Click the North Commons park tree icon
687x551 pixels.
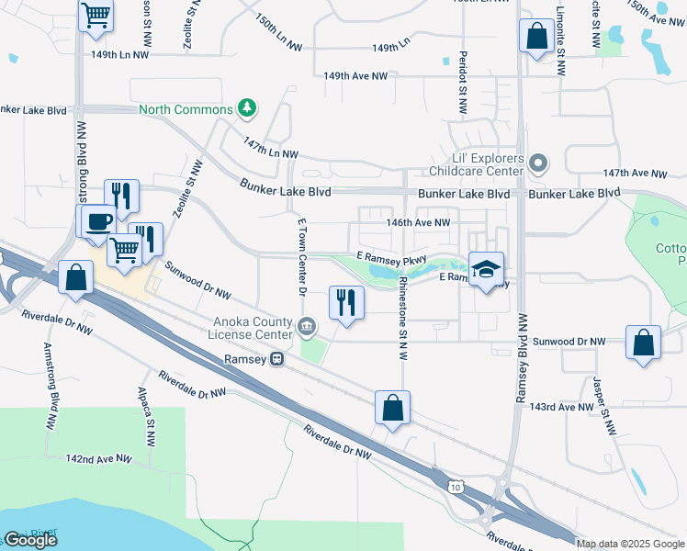click(246, 109)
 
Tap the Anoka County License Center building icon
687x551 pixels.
click(307, 326)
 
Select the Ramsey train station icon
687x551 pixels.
click(276, 360)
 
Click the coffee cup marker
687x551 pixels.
click(97, 220)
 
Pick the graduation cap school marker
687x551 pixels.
click(487, 269)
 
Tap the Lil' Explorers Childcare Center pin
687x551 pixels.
click(539, 163)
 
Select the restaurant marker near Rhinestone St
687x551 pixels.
click(346, 303)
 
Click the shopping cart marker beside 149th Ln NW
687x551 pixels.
click(96, 16)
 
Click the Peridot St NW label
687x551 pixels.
click(464, 84)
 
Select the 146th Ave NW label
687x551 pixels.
click(418, 222)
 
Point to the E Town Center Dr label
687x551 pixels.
click(301, 257)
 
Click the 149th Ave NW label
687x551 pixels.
click(355, 75)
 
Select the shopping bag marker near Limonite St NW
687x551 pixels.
click(535, 37)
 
